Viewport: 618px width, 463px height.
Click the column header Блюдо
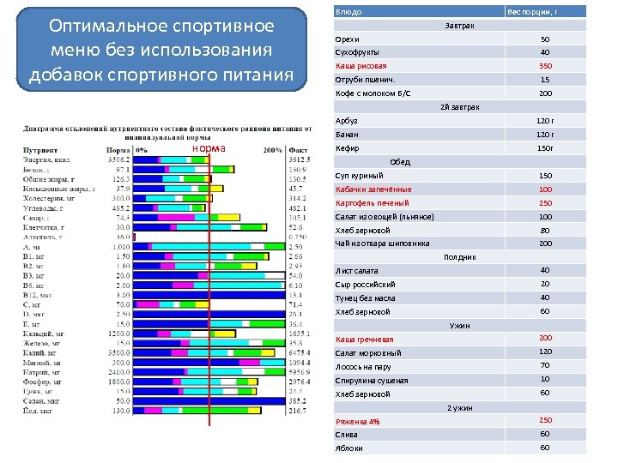(x=348, y=12)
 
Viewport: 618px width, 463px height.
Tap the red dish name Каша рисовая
(x=360, y=66)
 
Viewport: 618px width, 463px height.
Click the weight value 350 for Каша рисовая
(x=545, y=66)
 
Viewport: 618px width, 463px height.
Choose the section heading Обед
(x=400, y=162)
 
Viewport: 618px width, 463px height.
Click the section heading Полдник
(x=459, y=257)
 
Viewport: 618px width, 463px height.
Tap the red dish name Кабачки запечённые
(x=373, y=189)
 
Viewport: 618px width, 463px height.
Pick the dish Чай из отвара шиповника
(x=382, y=244)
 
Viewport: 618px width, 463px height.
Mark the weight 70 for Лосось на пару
(x=545, y=366)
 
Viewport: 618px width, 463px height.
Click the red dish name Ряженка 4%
(x=357, y=421)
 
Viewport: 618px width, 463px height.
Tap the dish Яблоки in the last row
(x=348, y=448)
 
